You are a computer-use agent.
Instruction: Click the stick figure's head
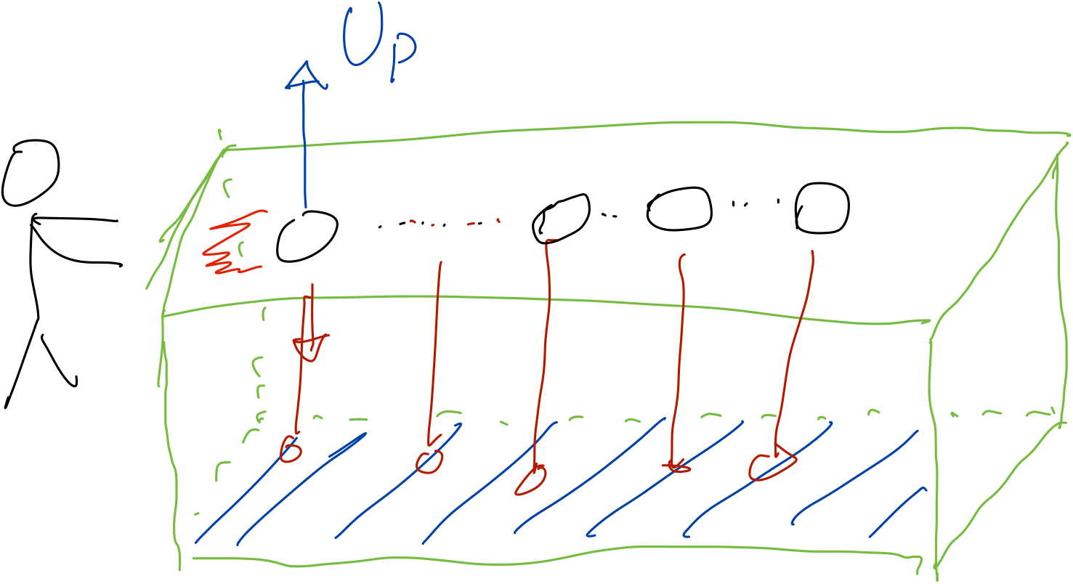(31, 173)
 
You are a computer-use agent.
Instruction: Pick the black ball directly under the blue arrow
(307, 237)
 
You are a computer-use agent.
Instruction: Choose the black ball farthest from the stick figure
(822, 208)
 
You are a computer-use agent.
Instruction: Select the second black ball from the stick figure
(561, 219)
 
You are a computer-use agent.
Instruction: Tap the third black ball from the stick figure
(679, 209)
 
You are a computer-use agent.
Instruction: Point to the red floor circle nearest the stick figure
(291, 449)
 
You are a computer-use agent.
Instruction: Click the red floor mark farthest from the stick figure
(772, 463)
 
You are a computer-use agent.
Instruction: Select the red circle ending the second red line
(429, 462)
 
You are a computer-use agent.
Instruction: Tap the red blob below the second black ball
(531, 481)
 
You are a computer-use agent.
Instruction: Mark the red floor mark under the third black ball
(676, 467)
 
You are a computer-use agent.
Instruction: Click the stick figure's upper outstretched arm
(74, 219)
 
